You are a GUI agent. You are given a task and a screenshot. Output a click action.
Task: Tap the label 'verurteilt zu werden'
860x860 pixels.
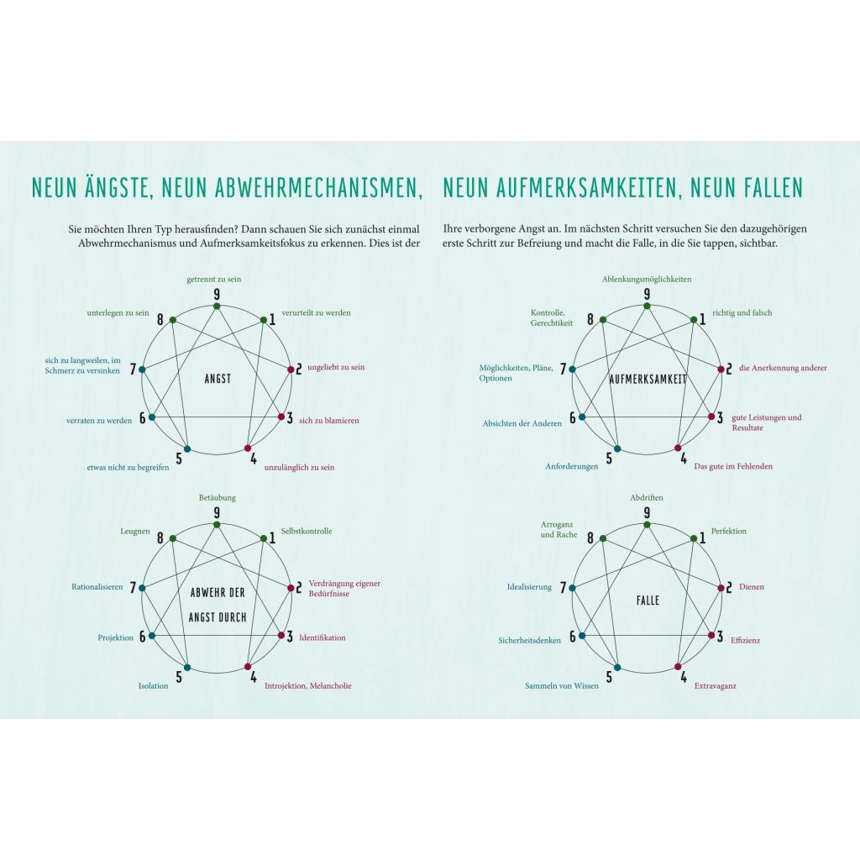tap(317, 312)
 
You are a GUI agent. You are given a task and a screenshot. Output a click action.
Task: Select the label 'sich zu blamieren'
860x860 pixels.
tap(328, 420)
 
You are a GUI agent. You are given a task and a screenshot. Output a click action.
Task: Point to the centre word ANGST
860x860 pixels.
tap(218, 379)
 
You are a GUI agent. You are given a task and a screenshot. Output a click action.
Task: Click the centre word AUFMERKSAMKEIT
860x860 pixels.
tap(648, 379)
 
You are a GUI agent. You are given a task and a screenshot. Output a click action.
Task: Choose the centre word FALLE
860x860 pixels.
tap(648, 600)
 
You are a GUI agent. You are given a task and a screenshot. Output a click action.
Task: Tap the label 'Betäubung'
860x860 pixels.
tap(218, 497)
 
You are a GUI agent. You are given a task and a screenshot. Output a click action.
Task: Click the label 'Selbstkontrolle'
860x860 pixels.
tap(307, 531)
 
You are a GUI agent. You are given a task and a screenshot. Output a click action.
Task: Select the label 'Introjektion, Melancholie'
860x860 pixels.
tap(308, 686)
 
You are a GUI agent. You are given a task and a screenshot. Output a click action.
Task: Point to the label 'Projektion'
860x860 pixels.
tap(116, 637)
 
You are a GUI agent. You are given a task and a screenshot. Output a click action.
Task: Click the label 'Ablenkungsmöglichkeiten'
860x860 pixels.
tap(647, 279)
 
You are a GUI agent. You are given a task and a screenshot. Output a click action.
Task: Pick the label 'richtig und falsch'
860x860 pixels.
tap(742, 312)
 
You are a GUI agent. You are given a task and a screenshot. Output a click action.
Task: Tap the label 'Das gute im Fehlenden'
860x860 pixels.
tap(733, 466)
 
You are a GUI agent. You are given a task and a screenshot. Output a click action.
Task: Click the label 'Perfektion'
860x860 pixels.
tap(729, 531)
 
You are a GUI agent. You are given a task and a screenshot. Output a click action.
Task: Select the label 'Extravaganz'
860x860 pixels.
tap(716, 686)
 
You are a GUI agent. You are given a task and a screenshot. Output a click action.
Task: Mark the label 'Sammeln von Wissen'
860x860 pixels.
tap(562, 686)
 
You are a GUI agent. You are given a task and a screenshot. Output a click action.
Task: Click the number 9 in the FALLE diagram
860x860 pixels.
tap(647, 513)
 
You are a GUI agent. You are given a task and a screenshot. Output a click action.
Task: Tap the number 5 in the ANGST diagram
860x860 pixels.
tap(178, 459)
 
